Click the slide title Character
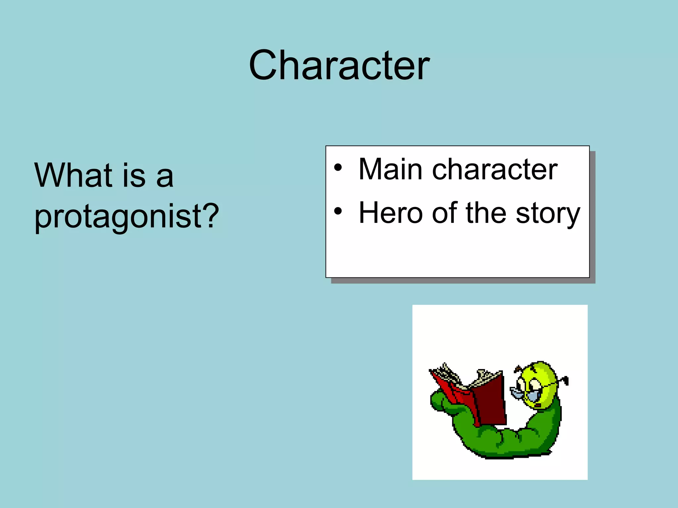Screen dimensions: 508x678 click(x=339, y=65)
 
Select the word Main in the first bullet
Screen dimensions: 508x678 click(x=390, y=169)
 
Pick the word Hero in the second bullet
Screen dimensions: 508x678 click(x=391, y=213)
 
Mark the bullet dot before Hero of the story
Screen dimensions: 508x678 click(x=337, y=211)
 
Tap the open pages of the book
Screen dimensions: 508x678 click(x=463, y=380)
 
